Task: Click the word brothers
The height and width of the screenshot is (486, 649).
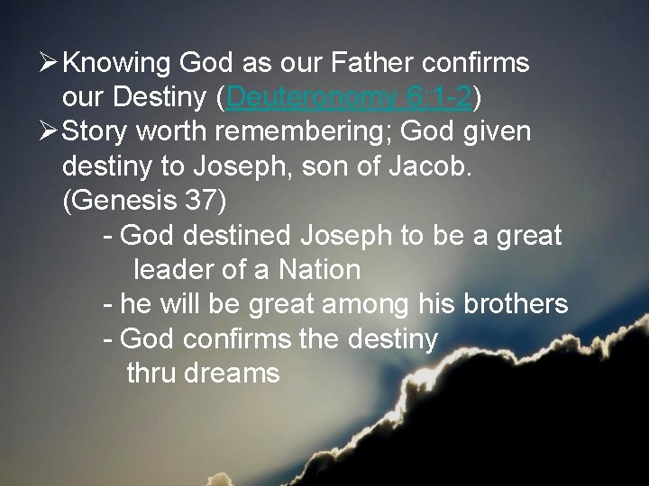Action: point(515,303)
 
